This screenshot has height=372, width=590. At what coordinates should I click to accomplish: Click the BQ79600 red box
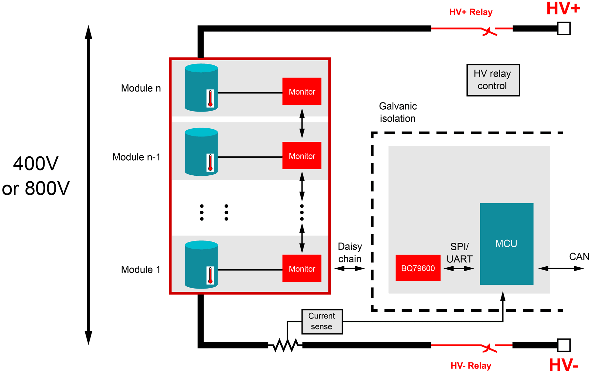(x=418, y=268)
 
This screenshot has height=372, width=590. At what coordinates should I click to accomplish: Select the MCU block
(x=506, y=244)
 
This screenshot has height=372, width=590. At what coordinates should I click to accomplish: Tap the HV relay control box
(x=493, y=80)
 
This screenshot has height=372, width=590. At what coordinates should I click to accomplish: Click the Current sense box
(x=322, y=321)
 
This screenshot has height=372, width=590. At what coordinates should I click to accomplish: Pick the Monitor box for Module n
(x=302, y=91)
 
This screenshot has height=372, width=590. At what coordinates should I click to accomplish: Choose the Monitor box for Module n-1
(x=302, y=156)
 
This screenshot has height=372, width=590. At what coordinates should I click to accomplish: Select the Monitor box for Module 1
(x=302, y=268)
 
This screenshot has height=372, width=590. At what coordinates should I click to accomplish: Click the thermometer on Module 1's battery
(x=210, y=275)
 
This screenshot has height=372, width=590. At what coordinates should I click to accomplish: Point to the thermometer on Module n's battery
(x=210, y=98)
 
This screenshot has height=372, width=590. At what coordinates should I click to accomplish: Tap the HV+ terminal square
(x=564, y=28)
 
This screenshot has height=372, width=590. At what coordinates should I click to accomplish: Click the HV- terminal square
(x=564, y=345)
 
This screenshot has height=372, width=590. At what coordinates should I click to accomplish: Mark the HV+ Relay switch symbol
(x=489, y=31)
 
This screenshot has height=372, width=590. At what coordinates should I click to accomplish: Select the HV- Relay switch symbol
(x=489, y=348)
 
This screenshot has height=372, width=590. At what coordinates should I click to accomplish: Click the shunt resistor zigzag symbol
(x=285, y=345)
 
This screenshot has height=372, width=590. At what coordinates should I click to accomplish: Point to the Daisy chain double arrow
(x=349, y=269)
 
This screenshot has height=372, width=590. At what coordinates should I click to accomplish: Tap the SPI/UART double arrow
(x=459, y=269)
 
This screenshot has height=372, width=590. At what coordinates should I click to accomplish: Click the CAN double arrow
(x=561, y=269)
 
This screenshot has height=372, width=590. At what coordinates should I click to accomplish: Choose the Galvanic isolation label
(x=398, y=112)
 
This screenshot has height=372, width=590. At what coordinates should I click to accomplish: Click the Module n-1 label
(x=136, y=157)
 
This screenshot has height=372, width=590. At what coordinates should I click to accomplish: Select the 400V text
(x=36, y=164)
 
